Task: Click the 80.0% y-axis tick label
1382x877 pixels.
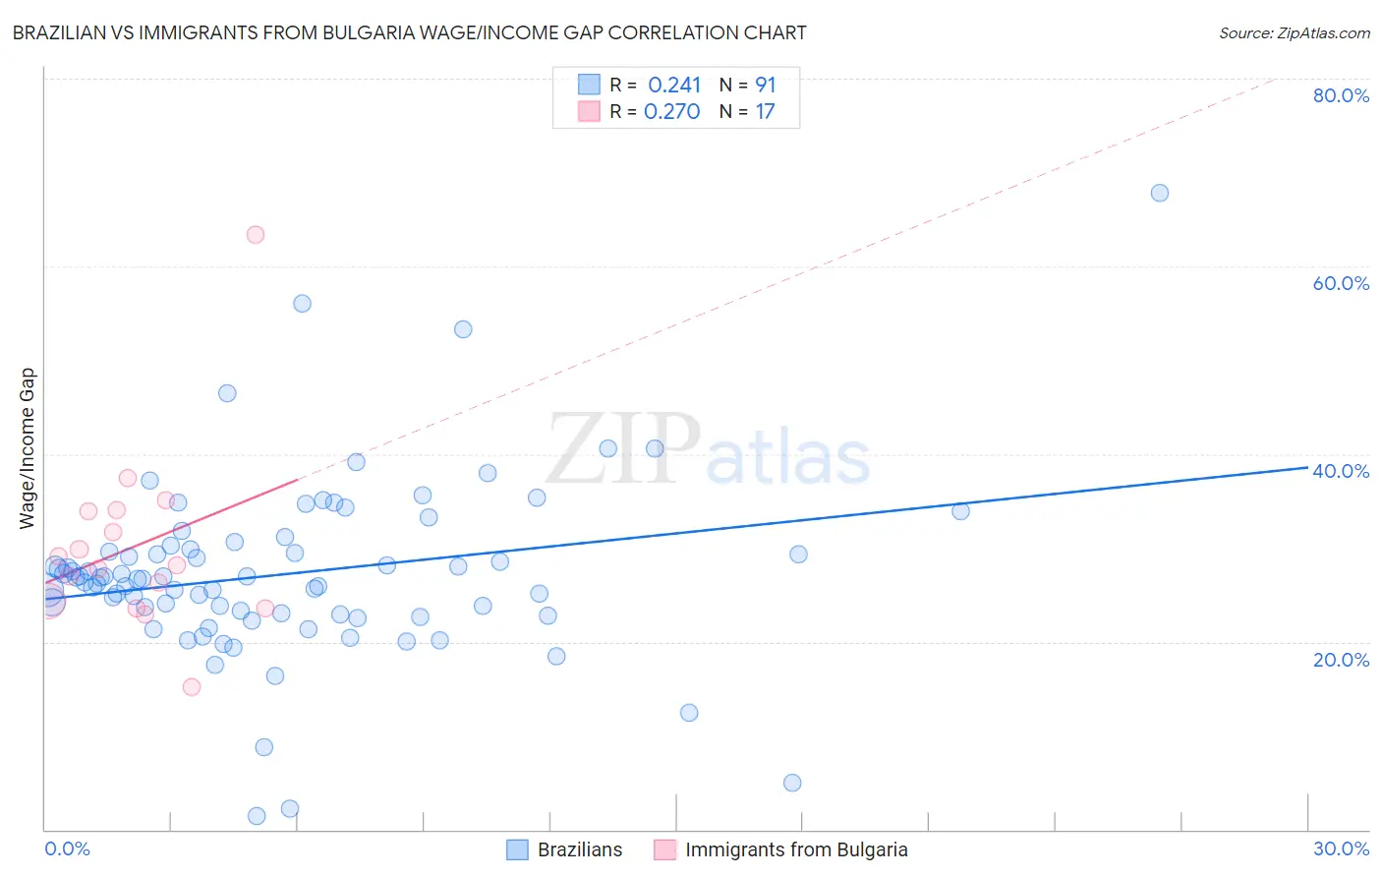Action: pyautogui.click(x=1341, y=95)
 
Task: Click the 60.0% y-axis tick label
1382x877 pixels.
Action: pyautogui.click(x=1341, y=283)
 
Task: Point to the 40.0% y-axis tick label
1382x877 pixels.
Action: pyautogui.click(x=1341, y=471)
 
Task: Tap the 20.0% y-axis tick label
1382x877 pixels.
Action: pyautogui.click(x=1341, y=660)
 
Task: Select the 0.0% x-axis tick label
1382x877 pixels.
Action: pyautogui.click(x=67, y=848)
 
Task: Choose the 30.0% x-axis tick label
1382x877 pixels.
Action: pyautogui.click(x=1341, y=848)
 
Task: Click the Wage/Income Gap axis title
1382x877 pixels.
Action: pyautogui.click(x=28, y=448)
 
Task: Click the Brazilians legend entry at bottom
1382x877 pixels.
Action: pyautogui.click(x=579, y=849)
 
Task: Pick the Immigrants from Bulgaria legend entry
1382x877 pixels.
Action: pyautogui.click(x=795, y=849)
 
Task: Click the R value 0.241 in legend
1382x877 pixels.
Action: pyautogui.click(x=674, y=86)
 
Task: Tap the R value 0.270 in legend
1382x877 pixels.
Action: pyautogui.click(x=672, y=112)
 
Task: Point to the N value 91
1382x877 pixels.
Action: pyautogui.click(x=766, y=86)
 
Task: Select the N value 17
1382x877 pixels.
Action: pyautogui.click(x=765, y=112)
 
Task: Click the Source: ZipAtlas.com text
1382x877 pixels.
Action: pyautogui.click(x=1294, y=33)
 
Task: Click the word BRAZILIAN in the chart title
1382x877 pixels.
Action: pyautogui.click(x=62, y=33)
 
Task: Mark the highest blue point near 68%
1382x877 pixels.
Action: pyautogui.click(x=1160, y=193)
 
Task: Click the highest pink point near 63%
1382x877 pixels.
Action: pyautogui.click(x=256, y=234)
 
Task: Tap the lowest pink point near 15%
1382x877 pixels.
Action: pyautogui.click(x=192, y=686)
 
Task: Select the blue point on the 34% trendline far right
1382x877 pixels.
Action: pyautogui.click(x=961, y=510)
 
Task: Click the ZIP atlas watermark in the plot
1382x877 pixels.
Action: pyautogui.click(x=708, y=450)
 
